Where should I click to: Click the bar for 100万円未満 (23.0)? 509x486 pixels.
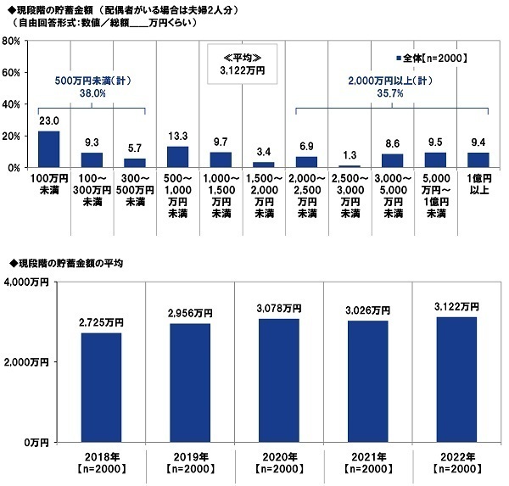pos(49,149)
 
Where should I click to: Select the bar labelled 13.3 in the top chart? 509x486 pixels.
pos(177,157)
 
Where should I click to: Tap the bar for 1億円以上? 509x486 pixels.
pos(478,159)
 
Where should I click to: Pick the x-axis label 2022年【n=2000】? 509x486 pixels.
pos(453,462)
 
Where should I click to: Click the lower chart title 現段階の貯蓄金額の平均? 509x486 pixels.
pos(68,264)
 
